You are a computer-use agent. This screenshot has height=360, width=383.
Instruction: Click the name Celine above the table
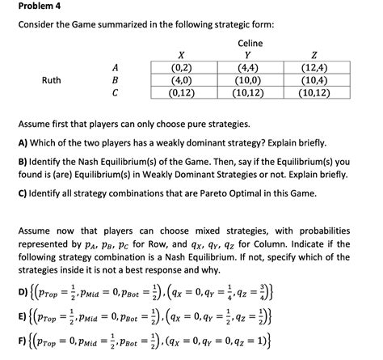click(x=250, y=42)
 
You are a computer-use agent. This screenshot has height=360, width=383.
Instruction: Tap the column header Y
click(x=248, y=54)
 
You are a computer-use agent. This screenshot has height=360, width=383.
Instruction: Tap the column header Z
click(x=313, y=54)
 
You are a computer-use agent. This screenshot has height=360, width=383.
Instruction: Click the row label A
click(x=116, y=67)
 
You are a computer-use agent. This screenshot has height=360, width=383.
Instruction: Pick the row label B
click(x=116, y=80)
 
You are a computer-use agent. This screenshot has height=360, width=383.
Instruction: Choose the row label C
click(x=116, y=93)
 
